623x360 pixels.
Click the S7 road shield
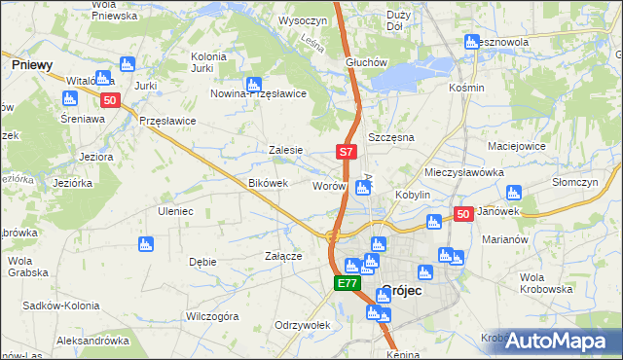(x=348, y=152)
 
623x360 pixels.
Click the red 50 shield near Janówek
(x=463, y=214)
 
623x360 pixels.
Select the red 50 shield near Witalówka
(x=110, y=99)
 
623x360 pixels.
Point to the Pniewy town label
(x=32, y=63)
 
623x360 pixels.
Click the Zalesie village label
(x=286, y=150)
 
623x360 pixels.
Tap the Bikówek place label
(x=269, y=183)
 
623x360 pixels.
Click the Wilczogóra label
(x=212, y=316)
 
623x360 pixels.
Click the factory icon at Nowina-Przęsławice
(x=253, y=84)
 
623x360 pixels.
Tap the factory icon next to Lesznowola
(x=472, y=42)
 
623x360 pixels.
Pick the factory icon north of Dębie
(x=146, y=243)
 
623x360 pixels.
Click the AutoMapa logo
(x=551, y=341)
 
